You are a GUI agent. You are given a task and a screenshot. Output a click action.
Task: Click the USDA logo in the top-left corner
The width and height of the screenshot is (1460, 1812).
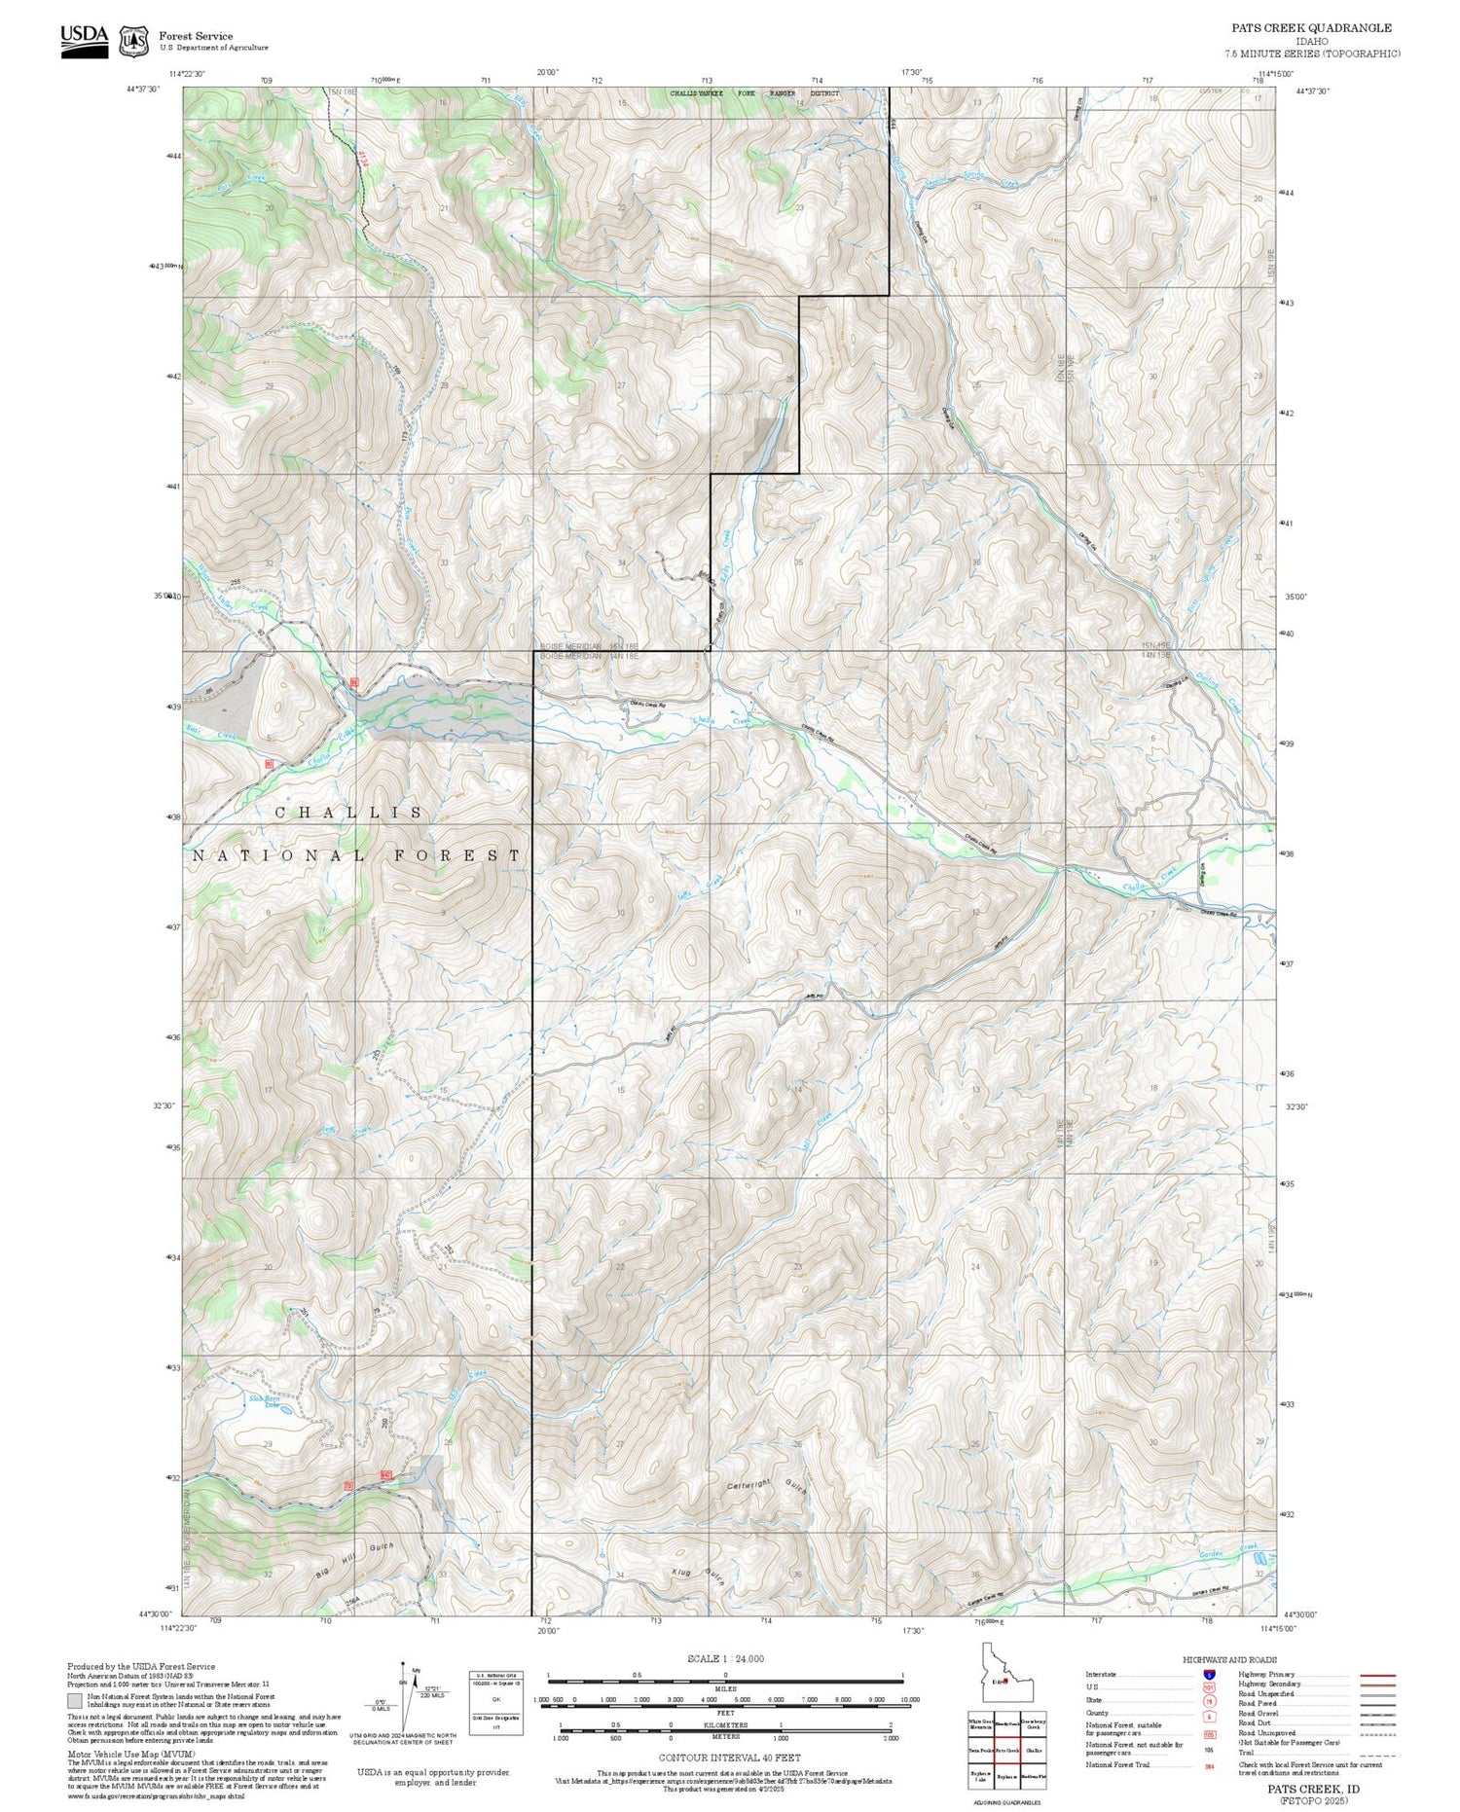(85, 40)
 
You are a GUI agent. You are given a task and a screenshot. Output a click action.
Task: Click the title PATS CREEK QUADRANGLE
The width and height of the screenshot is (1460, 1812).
(1311, 28)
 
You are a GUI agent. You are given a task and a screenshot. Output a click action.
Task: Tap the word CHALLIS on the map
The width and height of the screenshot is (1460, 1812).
(349, 813)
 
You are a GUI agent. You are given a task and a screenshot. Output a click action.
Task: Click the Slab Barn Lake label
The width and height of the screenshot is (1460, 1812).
(265, 1402)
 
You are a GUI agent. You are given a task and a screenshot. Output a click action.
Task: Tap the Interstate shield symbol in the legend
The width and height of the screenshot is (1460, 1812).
(1209, 1674)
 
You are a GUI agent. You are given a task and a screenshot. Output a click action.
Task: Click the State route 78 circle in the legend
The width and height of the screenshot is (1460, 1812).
(1209, 1701)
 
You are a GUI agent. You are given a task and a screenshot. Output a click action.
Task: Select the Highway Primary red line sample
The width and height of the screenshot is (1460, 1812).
(1372, 1675)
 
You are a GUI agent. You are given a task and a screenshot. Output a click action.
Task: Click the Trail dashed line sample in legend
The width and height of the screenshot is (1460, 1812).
(1372, 1753)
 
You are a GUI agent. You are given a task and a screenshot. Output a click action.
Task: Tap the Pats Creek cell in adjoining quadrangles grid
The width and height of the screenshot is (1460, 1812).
(1006, 1750)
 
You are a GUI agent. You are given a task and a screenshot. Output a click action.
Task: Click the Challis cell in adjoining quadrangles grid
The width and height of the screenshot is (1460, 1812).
(1034, 1750)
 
